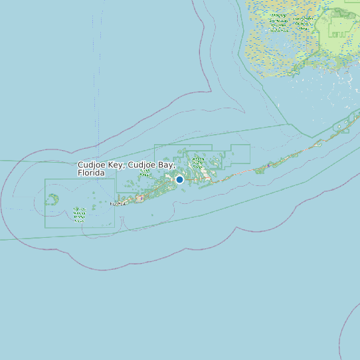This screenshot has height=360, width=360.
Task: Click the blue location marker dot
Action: pyautogui.click(x=179, y=179)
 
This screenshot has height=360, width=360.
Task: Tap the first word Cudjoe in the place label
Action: pyautogui.click(x=92, y=165)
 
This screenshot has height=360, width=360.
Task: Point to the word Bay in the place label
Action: pyautogui.click(x=166, y=165)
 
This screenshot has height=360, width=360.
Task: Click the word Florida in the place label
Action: pyautogui.click(x=92, y=173)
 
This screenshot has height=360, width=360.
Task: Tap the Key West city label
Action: pyautogui.click(x=118, y=203)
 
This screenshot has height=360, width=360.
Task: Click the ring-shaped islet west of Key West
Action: pyautogui.click(x=53, y=199)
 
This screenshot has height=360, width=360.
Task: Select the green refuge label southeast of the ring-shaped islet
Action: pyautogui.click(x=80, y=213)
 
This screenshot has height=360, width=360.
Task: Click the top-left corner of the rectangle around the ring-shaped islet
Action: pyautogui.click(x=45, y=179)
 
